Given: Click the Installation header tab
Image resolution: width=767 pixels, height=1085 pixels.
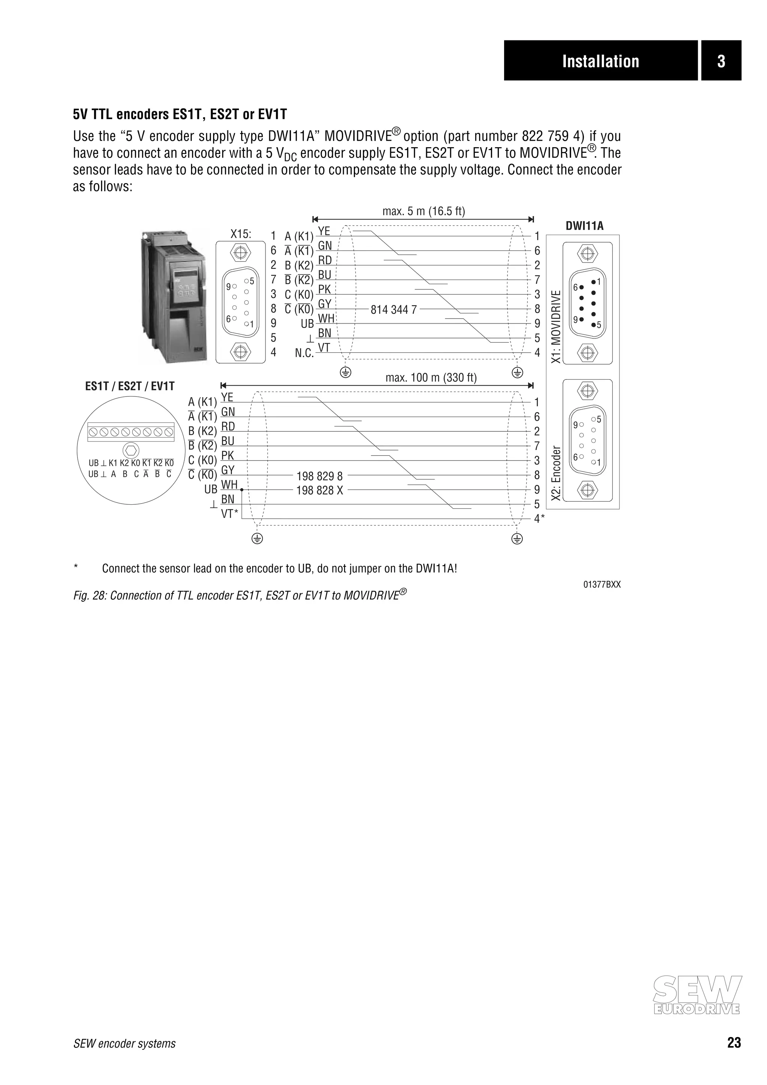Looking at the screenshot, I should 600,61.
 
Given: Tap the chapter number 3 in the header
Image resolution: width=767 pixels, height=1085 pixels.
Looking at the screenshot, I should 721,61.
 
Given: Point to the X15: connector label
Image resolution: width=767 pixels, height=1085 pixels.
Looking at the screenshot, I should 240,234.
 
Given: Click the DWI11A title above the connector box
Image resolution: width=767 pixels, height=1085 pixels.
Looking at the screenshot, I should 584,226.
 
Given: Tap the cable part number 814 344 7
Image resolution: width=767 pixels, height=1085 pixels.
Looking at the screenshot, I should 394,310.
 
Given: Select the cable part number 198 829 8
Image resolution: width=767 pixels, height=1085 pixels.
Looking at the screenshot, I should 319,476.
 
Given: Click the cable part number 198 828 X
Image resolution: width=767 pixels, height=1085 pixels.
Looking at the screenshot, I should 319,490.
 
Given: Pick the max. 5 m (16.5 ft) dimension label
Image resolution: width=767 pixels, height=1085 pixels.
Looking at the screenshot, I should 424,211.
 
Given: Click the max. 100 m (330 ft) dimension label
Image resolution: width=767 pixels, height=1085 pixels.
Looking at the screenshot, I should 431,377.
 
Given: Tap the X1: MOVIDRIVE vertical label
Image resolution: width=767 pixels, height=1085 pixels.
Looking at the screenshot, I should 556,326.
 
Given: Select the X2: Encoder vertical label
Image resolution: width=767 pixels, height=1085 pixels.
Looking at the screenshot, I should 556,473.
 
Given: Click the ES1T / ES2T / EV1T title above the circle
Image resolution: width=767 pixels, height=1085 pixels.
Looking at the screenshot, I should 130,386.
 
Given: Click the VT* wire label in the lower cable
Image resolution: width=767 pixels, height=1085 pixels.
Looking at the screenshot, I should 230,514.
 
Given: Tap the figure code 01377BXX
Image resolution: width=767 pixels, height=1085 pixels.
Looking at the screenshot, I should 601,584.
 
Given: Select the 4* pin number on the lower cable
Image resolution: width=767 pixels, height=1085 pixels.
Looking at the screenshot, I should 539,519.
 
